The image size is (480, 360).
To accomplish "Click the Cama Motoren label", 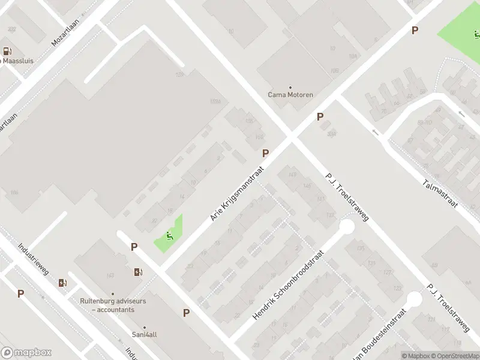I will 290,95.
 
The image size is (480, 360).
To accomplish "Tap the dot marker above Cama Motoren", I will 290,87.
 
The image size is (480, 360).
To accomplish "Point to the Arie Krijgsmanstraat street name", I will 237,194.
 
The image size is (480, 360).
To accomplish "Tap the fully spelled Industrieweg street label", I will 33,258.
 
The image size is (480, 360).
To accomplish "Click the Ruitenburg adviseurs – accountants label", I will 113,305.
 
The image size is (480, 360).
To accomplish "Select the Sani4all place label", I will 145,335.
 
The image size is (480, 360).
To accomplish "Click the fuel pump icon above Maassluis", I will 7,52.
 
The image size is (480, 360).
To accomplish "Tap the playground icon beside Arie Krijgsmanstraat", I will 170,236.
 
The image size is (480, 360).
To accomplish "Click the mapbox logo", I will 26,352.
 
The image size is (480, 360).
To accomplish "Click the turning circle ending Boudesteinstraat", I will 414,299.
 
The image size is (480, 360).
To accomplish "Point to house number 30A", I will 332,133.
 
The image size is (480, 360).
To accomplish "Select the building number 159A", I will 215,102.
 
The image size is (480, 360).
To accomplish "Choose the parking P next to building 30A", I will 320,117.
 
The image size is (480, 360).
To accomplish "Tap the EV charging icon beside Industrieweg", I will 62,283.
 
